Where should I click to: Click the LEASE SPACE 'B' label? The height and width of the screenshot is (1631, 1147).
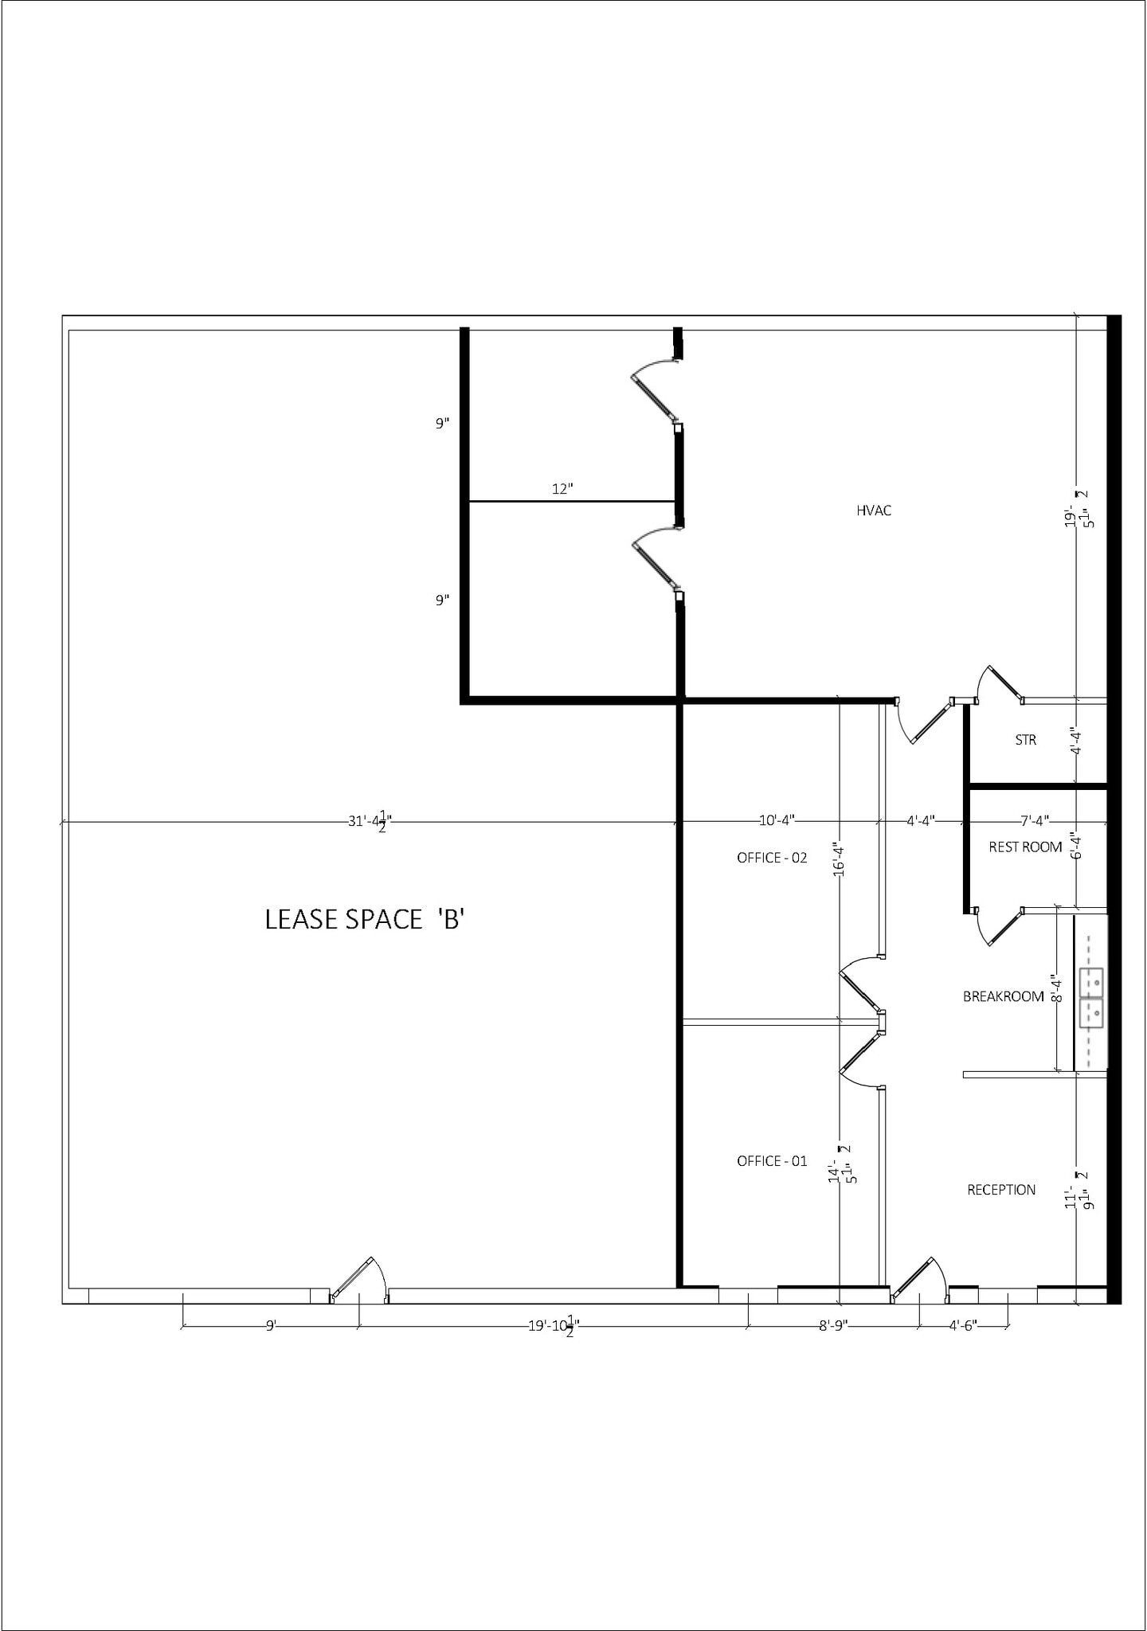pyautogui.click(x=364, y=920)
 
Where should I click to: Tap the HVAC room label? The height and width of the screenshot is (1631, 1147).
pyautogui.click(x=874, y=510)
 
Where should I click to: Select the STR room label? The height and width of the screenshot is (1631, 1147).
pyautogui.click(x=1025, y=740)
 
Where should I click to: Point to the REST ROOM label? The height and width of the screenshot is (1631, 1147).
pyautogui.click(x=1025, y=847)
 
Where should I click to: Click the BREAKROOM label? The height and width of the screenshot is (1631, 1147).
pyautogui.click(x=1003, y=996)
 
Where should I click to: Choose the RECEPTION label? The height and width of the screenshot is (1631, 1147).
pyautogui.click(x=1001, y=1190)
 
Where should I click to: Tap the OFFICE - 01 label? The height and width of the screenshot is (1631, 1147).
pyautogui.click(x=772, y=1161)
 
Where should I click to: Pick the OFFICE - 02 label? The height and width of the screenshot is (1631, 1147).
pyautogui.click(x=772, y=858)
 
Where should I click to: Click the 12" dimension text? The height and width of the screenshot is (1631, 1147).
pyautogui.click(x=562, y=489)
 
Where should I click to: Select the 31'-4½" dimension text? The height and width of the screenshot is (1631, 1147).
pyautogui.click(x=370, y=820)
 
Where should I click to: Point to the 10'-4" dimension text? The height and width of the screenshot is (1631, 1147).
pyautogui.click(x=777, y=820)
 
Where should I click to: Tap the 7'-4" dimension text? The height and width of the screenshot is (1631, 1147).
pyautogui.click(x=1035, y=820)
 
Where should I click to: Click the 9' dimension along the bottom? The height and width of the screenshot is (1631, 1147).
pyautogui.click(x=271, y=1326)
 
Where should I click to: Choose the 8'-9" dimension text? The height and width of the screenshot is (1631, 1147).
pyautogui.click(x=833, y=1326)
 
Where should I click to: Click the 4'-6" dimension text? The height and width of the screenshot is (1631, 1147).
pyautogui.click(x=963, y=1326)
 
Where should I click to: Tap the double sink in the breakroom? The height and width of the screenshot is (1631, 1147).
pyautogui.click(x=1091, y=998)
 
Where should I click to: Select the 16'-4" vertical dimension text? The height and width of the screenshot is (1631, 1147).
pyautogui.click(x=837, y=859)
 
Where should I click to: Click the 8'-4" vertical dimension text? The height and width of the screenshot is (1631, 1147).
pyautogui.click(x=1056, y=988)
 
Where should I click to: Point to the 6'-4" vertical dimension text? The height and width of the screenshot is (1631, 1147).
pyautogui.click(x=1075, y=845)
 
